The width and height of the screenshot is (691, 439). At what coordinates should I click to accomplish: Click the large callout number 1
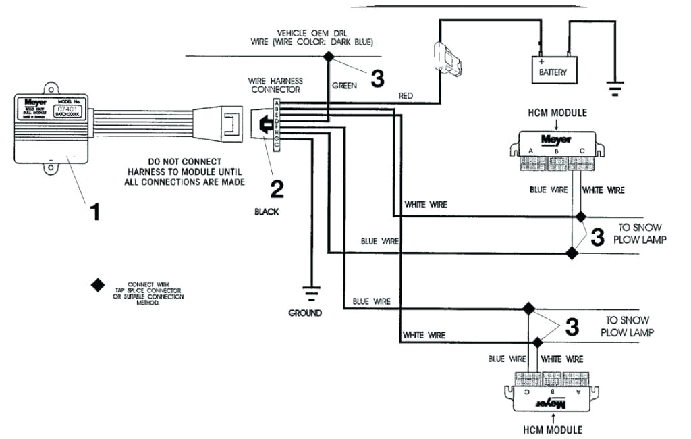pos(95,212)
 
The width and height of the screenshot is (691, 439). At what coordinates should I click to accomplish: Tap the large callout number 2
pos(276,188)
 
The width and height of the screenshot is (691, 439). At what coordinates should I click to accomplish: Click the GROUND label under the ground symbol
pos(305,313)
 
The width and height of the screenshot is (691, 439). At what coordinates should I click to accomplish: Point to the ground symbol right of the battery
pos(615,86)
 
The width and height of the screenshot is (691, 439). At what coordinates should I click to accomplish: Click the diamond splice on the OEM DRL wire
pos(329,57)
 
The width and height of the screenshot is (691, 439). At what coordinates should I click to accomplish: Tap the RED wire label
pos(406,97)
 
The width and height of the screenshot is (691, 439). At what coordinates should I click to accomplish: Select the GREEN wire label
pos(344,86)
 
